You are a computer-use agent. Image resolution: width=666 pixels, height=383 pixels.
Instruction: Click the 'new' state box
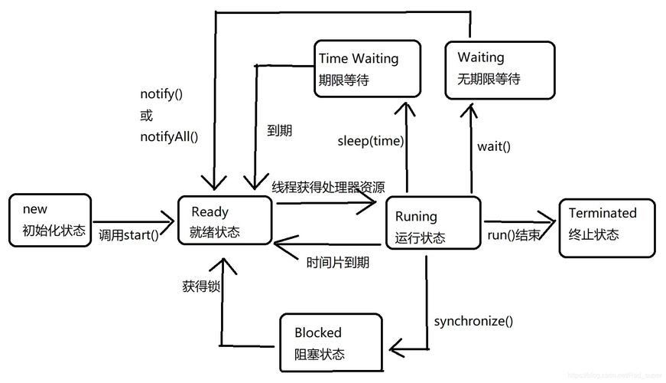pyautogui.click(x=51, y=221)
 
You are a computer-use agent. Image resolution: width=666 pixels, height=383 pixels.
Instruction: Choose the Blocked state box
pyautogui.click(x=330, y=342)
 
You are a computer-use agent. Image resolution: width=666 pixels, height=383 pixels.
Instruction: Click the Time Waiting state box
pyautogui.click(x=367, y=69)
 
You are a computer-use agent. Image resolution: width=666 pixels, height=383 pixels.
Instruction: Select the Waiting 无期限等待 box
pyautogui.click(x=499, y=69)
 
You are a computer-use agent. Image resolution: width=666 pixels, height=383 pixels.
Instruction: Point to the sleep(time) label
pyautogui.click(x=371, y=141)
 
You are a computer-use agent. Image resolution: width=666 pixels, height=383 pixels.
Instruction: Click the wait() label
pyautogui.click(x=494, y=146)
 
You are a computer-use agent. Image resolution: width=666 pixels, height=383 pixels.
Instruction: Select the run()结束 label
pyautogui.click(x=513, y=235)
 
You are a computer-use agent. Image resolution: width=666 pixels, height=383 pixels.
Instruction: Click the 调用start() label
pyautogui.click(x=129, y=235)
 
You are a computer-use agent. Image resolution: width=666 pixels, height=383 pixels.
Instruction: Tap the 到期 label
pyautogui.click(x=279, y=130)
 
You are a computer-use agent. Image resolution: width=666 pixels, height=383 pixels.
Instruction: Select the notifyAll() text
pyautogui.click(x=169, y=137)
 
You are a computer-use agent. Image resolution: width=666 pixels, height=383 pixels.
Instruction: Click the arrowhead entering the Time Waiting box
pyautogui.click(x=405, y=106)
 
